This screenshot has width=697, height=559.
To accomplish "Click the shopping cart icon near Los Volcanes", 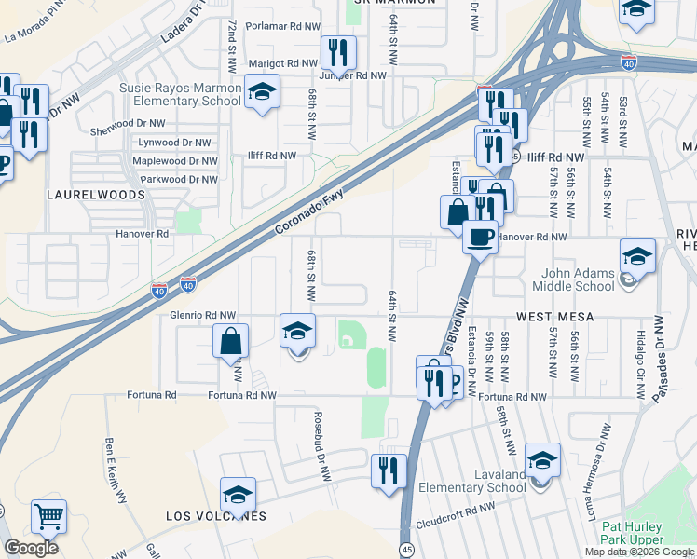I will point(48,515).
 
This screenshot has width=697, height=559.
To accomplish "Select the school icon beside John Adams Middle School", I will point(637,256).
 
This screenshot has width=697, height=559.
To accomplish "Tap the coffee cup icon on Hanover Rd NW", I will point(480,236).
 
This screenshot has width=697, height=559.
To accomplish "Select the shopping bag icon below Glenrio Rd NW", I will point(230,341).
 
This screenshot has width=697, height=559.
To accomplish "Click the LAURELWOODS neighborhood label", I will point(97,195).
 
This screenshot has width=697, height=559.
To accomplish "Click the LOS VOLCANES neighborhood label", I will point(216,516).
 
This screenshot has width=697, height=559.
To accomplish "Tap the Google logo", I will point(31,548).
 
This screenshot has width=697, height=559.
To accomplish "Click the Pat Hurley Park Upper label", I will point(626,534).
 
